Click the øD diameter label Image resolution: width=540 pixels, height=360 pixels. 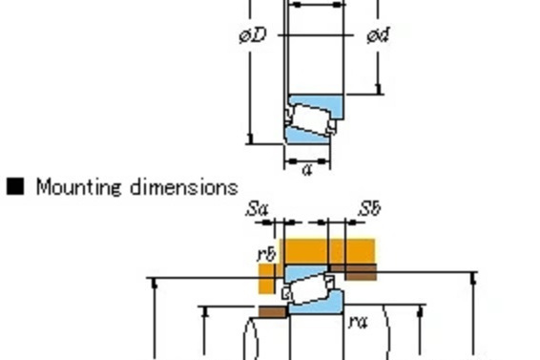[x=253, y=35]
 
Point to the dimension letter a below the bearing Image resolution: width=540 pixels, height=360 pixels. [x=307, y=170]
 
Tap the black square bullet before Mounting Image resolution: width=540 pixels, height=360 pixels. [x=15, y=186]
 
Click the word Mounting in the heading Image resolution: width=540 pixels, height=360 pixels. [x=79, y=187]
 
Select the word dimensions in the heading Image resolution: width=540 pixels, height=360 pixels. [x=184, y=186]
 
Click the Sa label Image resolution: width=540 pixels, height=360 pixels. [x=257, y=208]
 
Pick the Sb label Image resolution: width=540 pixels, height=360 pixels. [x=370, y=208]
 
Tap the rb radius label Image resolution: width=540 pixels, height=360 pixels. [x=267, y=254]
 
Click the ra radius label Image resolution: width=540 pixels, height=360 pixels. [x=359, y=322]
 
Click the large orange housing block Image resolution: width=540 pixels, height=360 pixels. [x=329, y=251]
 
